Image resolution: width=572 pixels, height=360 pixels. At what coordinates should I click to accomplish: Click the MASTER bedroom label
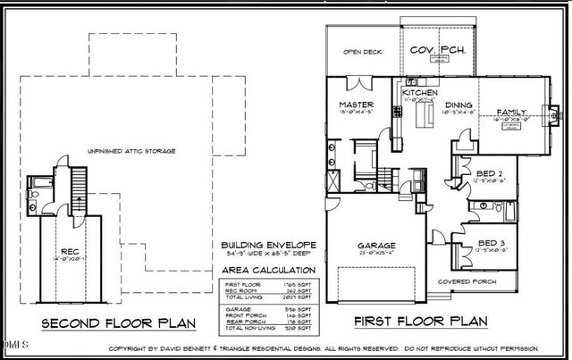(355, 105)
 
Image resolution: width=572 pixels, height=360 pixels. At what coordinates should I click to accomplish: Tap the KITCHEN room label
(418, 93)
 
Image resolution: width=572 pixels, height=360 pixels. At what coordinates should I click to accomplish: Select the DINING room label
(460, 105)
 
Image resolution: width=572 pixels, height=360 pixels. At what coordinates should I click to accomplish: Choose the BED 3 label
(488, 243)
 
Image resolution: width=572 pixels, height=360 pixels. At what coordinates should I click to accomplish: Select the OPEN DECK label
(363, 53)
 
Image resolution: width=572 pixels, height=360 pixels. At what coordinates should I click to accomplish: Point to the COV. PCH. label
(438, 51)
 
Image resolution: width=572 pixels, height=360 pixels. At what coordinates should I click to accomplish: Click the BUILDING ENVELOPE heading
(268, 243)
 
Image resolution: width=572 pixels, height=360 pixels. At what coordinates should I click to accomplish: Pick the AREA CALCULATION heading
(267, 269)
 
